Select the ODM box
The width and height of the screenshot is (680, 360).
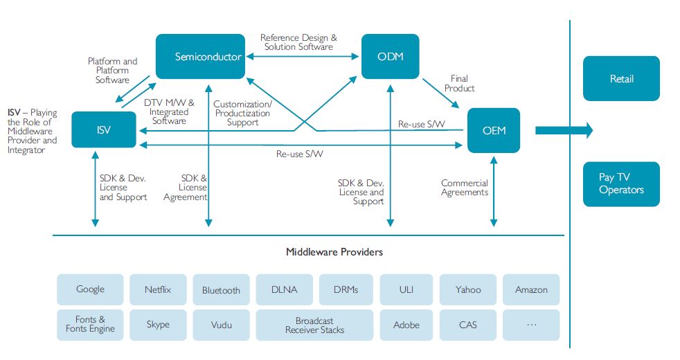[391, 56]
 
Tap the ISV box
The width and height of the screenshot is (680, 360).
[104, 129]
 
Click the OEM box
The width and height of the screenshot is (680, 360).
[494, 130]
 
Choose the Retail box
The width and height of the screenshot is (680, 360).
[621, 79]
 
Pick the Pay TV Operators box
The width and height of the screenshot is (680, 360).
[621, 184]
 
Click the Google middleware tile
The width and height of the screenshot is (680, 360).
[90, 289]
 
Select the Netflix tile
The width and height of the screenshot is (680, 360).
[158, 289]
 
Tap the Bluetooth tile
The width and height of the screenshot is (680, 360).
[221, 290]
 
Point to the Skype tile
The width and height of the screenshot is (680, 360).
[158, 325]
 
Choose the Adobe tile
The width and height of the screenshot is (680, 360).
[406, 325]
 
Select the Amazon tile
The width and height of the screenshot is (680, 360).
[531, 289]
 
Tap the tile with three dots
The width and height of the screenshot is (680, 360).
[531, 325]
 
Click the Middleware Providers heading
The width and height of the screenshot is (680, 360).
[334, 252]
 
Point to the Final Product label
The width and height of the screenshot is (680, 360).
[459, 84]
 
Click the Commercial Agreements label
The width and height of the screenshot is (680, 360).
[464, 188]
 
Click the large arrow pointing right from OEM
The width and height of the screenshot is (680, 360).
[562, 129]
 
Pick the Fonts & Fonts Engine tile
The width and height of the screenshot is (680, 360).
[90, 325]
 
